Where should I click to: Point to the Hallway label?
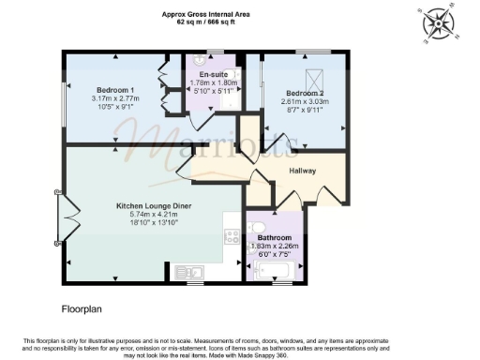[302, 171]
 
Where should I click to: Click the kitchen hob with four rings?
[232, 236]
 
